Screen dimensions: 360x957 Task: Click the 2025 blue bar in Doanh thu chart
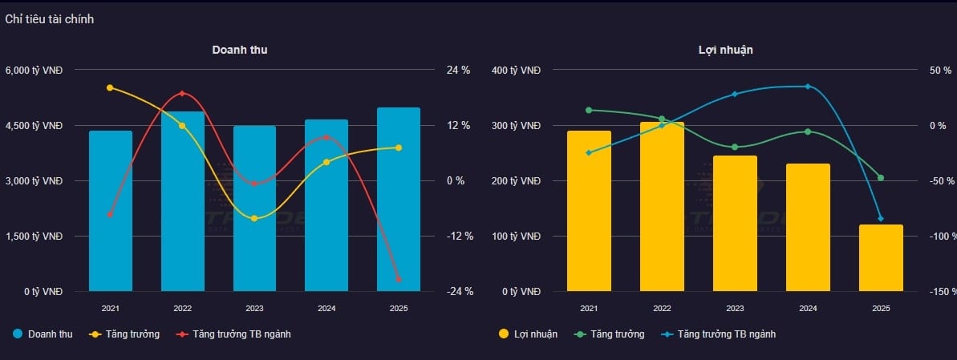coord(399,200)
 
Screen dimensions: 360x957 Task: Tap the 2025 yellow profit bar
coord(881,258)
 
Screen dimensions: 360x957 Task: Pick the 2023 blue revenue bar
coord(254,208)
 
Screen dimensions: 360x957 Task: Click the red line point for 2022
coord(182,94)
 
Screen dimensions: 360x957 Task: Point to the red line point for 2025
coord(399,279)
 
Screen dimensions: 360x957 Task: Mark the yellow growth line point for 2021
coord(110,87)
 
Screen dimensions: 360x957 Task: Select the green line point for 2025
coord(881,178)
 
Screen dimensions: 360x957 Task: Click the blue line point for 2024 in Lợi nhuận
coord(808,87)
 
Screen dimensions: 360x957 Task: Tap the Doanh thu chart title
coord(240,50)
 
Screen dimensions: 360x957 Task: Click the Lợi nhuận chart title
coord(725,50)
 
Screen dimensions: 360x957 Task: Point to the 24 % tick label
coord(458,71)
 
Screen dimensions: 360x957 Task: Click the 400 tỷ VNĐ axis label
coord(521,71)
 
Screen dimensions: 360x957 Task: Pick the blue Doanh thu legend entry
coord(43,334)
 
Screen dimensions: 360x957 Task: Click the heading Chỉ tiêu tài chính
coord(50,19)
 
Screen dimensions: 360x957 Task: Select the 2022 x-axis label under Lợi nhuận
coord(662,309)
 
